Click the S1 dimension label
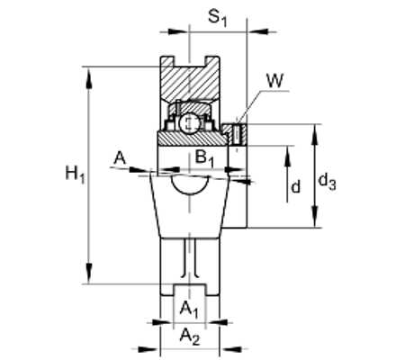(218, 19)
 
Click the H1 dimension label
(76, 175)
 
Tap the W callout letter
(274, 80)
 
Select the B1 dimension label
(204, 158)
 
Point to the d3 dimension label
(327, 182)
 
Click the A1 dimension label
(189, 310)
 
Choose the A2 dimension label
(190, 337)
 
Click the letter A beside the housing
(120, 158)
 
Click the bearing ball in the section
(189, 122)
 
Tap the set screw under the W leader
(237, 135)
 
